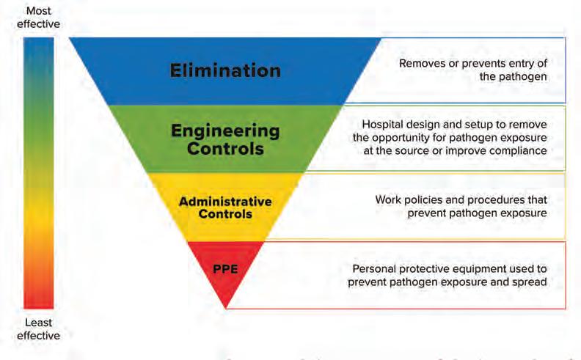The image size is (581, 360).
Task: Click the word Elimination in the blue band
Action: (x=225, y=70)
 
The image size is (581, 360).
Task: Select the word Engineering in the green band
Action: (x=225, y=132)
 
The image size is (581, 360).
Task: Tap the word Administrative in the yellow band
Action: (x=225, y=202)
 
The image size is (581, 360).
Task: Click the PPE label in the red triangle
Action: (x=225, y=268)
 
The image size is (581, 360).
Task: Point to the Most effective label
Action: (x=39, y=18)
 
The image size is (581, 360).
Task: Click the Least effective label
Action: (x=39, y=329)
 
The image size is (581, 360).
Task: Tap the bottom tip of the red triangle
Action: (x=226, y=308)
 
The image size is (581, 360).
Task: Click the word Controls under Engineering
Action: (x=225, y=149)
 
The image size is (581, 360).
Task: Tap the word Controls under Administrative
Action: (x=225, y=214)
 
